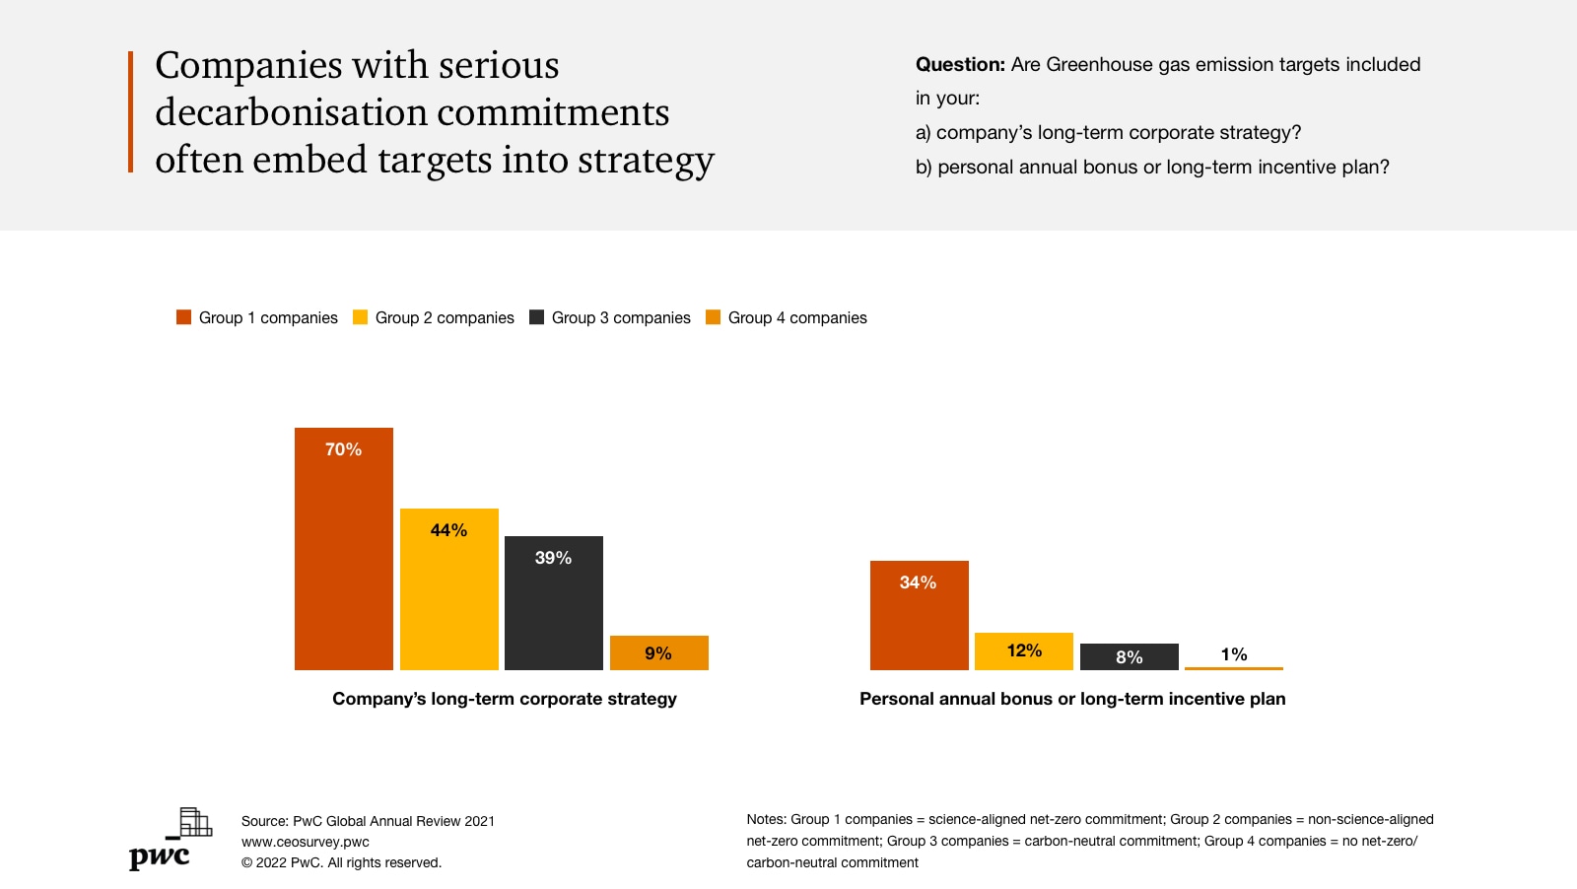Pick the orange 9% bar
tap(659, 652)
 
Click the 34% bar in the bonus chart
tap(920, 615)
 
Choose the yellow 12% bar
tap(1024, 651)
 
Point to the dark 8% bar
tap(1130, 657)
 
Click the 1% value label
tap(1234, 654)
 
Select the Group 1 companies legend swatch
tap(184, 317)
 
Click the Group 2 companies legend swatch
tap(361, 317)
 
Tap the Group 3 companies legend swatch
tap(537, 317)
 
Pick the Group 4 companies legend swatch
tap(714, 317)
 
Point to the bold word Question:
tap(960, 65)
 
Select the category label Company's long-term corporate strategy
tap(505, 699)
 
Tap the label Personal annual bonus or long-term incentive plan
tap(1072, 699)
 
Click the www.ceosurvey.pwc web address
tap(306, 842)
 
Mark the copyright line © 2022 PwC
tap(341, 862)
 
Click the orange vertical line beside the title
tap(130, 111)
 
